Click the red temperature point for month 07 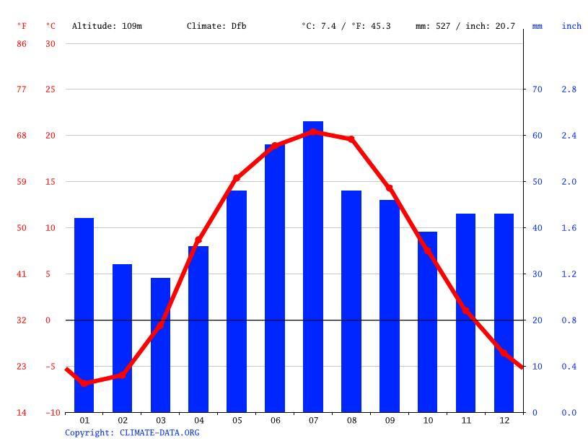313,132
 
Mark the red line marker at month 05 237,178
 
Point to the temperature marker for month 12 504,352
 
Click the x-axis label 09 390,420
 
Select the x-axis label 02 123,420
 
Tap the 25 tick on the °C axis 51,89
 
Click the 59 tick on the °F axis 22,182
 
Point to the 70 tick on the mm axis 537,89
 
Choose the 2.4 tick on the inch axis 569,136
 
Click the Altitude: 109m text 107,26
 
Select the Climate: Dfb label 216,26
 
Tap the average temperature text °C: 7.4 317,26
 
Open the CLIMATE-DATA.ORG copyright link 159,433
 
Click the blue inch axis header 571,26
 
